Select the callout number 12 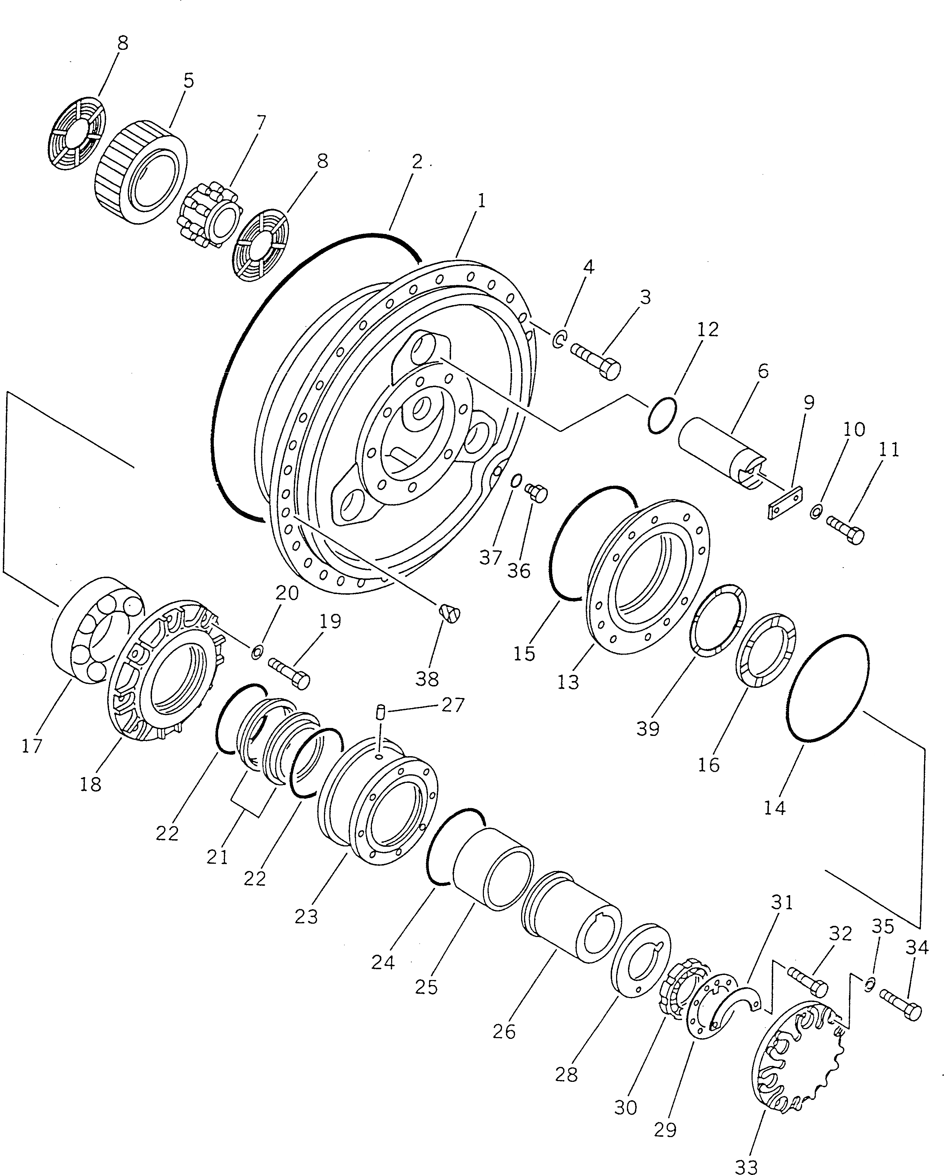click(x=707, y=330)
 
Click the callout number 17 click(x=32, y=745)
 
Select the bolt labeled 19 click(x=289, y=672)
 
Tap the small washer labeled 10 click(x=816, y=512)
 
